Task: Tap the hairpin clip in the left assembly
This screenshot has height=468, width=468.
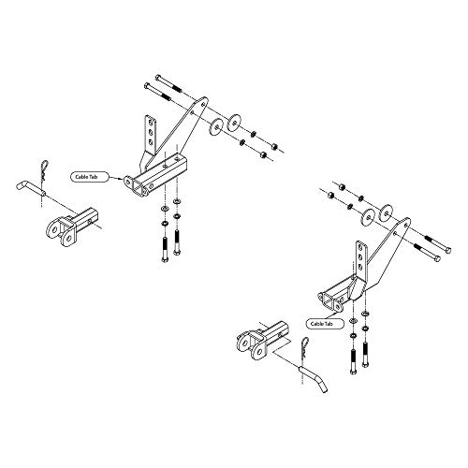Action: (x=44, y=170)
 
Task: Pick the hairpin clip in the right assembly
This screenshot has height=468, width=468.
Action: (x=304, y=348)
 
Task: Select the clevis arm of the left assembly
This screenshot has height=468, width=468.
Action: (x=72, y=226)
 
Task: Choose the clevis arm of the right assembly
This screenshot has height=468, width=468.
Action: (x=263, y=340)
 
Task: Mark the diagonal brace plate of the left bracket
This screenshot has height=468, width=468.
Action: (x=175, y=132)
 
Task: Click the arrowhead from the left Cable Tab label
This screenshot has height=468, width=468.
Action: (x=123, y=179)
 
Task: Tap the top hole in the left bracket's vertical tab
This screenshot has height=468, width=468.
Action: (x=151, y=122)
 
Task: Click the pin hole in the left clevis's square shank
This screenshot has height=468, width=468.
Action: (x=90, y=221)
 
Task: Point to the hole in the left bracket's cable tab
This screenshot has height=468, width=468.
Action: (x=127, y=182)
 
